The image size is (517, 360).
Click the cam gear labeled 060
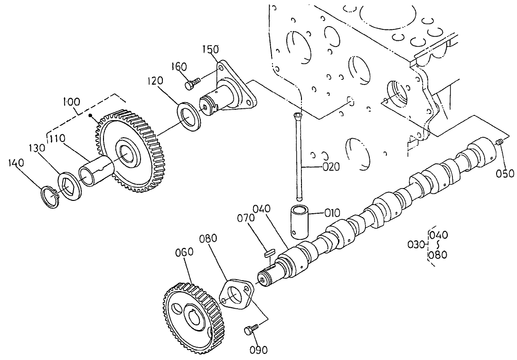tap(192, 318)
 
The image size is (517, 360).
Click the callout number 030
tap(416, 245)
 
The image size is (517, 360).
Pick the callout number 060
tap(183, 252)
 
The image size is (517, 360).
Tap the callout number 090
tap(258, 350)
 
